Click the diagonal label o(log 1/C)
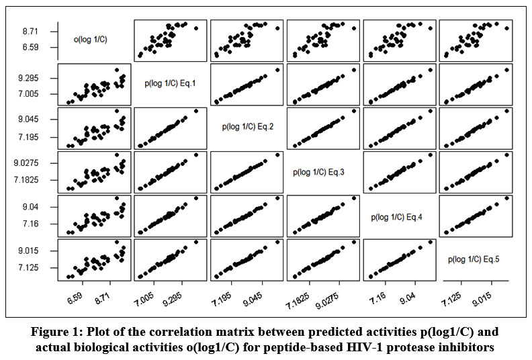click(91, 40)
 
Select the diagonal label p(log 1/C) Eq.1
click(171, 84)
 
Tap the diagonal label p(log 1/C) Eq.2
click(247, 126)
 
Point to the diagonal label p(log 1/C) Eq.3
click(323, 171)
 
